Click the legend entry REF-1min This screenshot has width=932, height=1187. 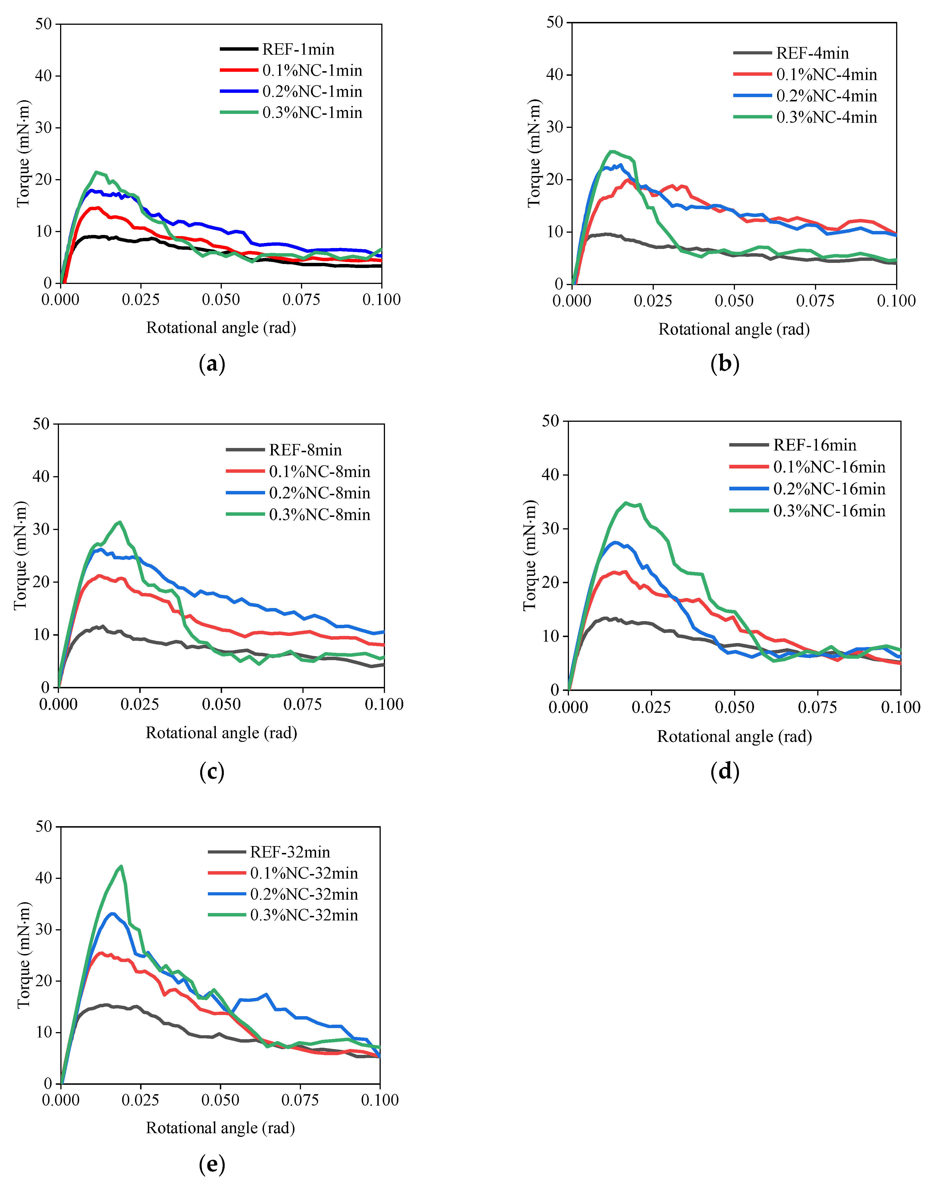pos(298,50)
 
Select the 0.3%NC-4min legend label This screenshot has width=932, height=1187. pos(826,117)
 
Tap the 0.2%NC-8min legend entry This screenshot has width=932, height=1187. pos(319,493)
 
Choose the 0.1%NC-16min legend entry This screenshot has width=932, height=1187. pos(829,467)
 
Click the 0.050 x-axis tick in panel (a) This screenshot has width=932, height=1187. pos(221,300)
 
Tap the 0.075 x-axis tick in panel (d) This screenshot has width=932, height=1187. pos(818,707)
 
